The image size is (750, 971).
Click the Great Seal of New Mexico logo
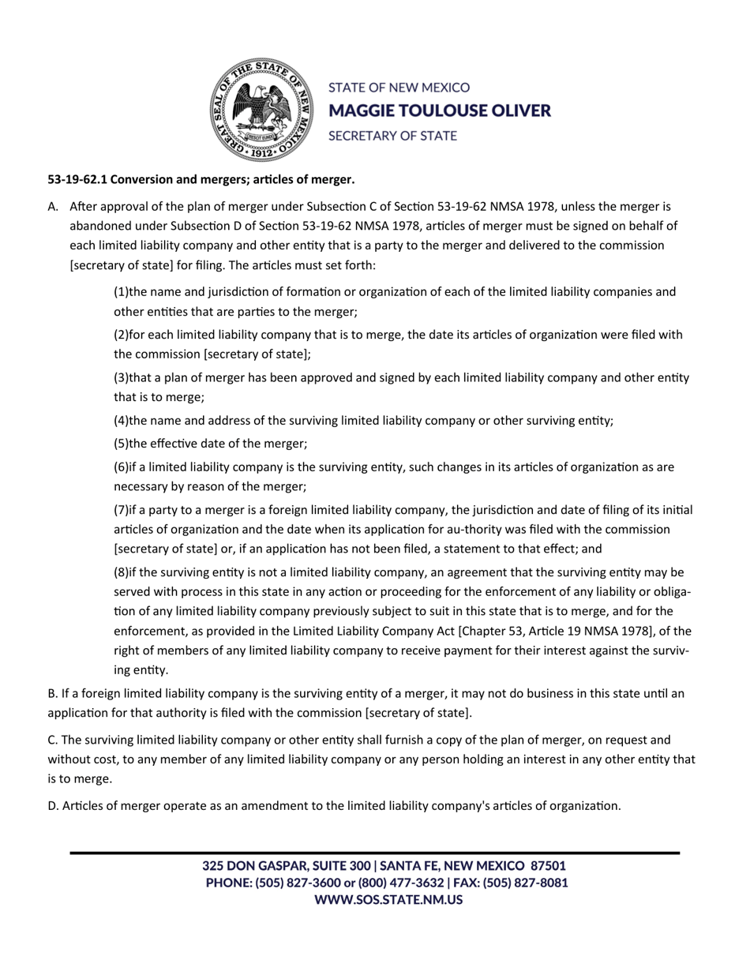(x=261, y=111)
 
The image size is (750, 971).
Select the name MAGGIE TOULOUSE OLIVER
(x=439, y=111)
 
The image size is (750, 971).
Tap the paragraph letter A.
(x=53, y=207)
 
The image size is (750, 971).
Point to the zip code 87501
(x=548, y=866)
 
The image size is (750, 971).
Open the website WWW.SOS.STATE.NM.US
(x=388, y=899)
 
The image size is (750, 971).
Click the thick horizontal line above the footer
(x=375, y=853)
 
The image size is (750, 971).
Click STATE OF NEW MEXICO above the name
(x=399, y=88)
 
